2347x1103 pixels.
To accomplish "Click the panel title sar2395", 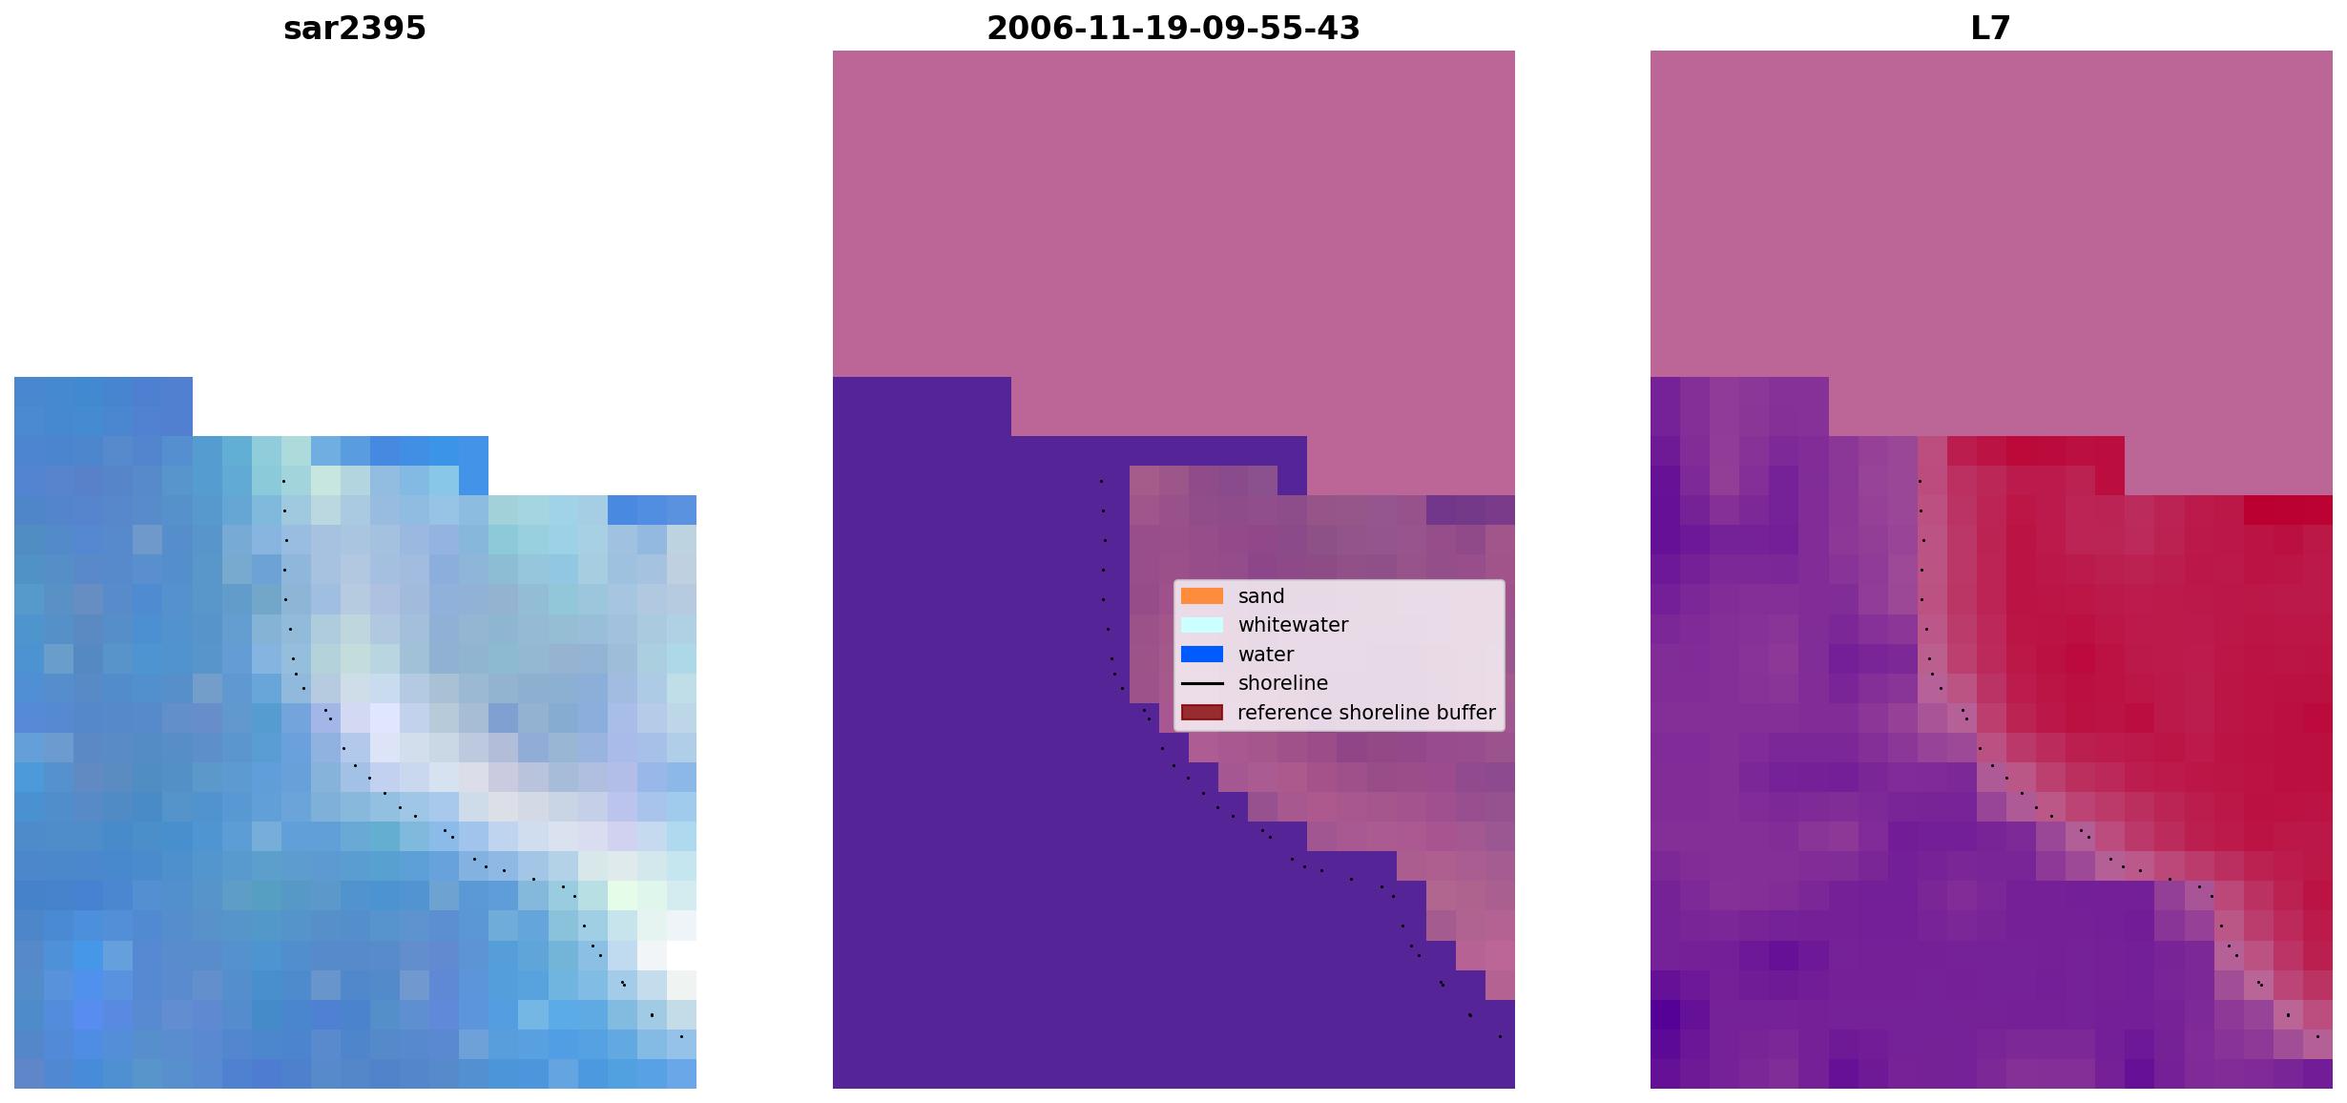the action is coord(355,29).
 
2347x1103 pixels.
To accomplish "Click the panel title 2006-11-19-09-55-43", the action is coord(1173,29).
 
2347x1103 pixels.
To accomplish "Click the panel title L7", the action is coord(1990,29).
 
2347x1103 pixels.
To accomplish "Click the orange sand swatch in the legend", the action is coord(1202,596).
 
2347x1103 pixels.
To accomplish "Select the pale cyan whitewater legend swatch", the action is coord(1202,625).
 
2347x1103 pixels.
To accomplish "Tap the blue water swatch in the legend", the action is coord(1202,655).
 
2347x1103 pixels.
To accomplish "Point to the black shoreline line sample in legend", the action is coord(1202,683).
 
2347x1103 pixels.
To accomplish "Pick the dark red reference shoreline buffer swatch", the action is coord(1202,713).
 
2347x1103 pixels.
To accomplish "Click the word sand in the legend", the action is coord(1261,596).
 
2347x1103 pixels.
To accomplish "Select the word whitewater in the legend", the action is coord(1293,625).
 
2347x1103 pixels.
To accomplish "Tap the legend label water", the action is coord(1266,655).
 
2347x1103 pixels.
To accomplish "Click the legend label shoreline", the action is coord(1282,683).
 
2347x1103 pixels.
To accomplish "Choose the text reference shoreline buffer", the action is coord(1366,713).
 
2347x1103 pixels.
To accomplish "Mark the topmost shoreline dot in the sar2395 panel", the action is coord(283,481).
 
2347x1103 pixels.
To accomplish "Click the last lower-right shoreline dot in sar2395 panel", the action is coord(681,1036).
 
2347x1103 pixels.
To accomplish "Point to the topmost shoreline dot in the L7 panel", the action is coord(1920,481).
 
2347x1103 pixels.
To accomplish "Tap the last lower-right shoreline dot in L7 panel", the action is coord(2317,1036).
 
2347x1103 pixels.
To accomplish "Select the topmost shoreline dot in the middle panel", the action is coord(1101,481).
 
